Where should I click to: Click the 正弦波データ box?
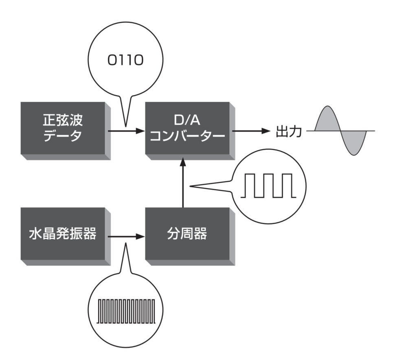click(x=65, y=129)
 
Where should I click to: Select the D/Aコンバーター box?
click(x=188, y=129)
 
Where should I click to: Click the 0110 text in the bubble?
click(x=125, y=61)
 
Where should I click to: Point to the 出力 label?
click(x=288, y=131)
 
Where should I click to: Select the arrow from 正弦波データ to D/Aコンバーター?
click(x=126, y=131)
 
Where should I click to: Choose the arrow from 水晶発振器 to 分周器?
click(x=126, y=236)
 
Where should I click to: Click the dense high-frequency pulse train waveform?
click(x=126, y=311)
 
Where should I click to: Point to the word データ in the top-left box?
click(x=65, y=136)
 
